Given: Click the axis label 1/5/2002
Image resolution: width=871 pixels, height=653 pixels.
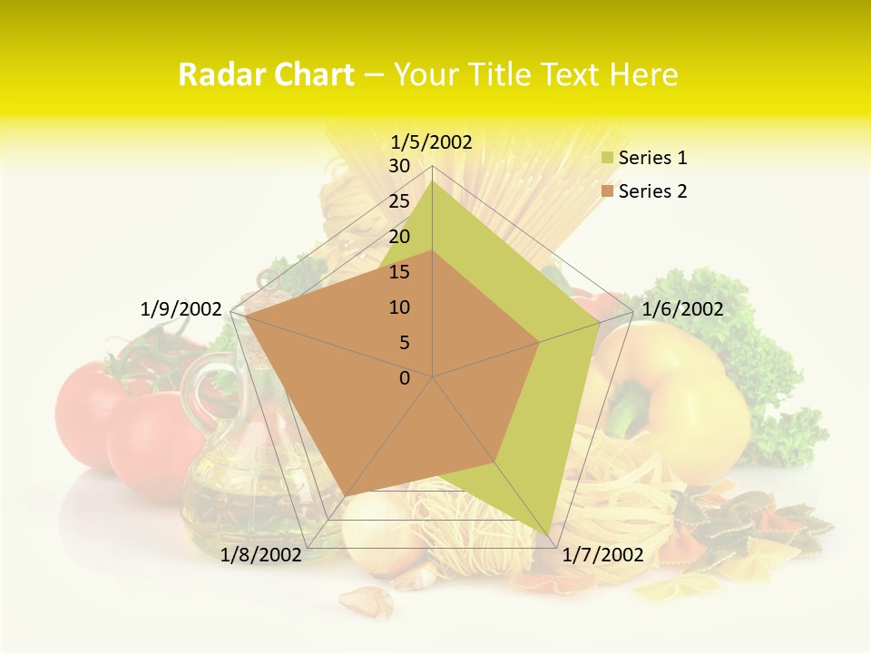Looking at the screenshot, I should [x=432, y=141].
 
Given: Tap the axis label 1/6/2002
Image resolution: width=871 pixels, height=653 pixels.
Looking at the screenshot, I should [x=682, y=309].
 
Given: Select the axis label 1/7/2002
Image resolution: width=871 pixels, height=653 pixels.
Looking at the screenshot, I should [x=603, y=555].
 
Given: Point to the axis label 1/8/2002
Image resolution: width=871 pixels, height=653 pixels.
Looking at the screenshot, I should [x=261, y=555].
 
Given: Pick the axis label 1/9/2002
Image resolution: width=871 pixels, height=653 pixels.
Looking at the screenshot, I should [x=181, y=309].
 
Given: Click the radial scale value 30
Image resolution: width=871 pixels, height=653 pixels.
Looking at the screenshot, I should [x=399, y=166].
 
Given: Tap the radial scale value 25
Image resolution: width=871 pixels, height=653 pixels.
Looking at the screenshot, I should [x=399, y=201].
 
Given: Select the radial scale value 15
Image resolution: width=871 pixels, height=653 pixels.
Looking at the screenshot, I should [x=399, y=272].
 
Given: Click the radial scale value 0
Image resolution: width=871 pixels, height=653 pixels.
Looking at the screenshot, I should [x=405, y=378].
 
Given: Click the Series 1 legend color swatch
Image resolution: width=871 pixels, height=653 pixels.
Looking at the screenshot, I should [x=607, y=159].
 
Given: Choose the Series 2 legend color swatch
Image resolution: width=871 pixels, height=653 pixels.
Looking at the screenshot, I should [x=607, y=191].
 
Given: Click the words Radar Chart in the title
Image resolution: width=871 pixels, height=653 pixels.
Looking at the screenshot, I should [x=266, y=74].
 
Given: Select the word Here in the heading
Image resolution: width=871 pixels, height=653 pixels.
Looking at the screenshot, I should [x=643, y=74].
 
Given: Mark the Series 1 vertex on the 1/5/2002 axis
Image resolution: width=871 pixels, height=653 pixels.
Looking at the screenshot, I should [x=433, y=180].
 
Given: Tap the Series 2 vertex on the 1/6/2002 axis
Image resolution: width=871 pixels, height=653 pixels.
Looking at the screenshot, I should [x=540, y=342].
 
